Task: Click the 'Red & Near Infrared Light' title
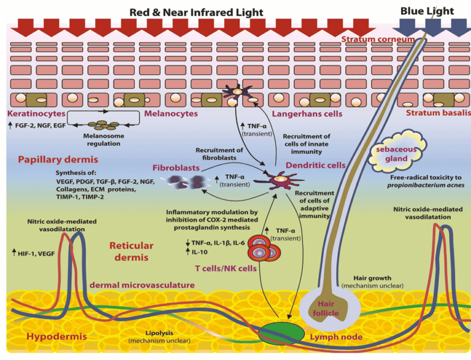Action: click(x=196, y=12)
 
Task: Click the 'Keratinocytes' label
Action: click(x=31, y=113)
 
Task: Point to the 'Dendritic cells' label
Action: click(x=315, y=165)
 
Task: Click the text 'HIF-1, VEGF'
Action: click(x=37, y=252)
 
